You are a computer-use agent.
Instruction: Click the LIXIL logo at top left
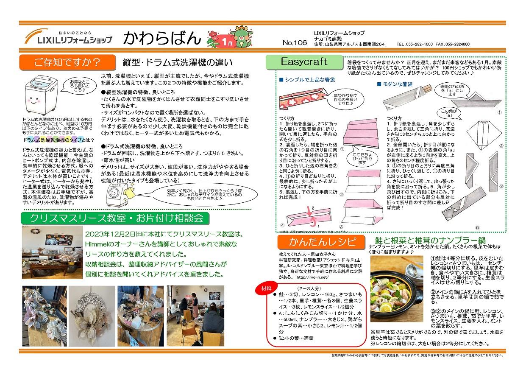(x=68, y=38)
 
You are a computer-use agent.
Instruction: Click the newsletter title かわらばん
(x=161, y=38)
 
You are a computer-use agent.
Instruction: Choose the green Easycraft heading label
(x=303, y=62)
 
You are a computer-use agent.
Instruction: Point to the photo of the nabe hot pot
(x=397, y=288)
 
